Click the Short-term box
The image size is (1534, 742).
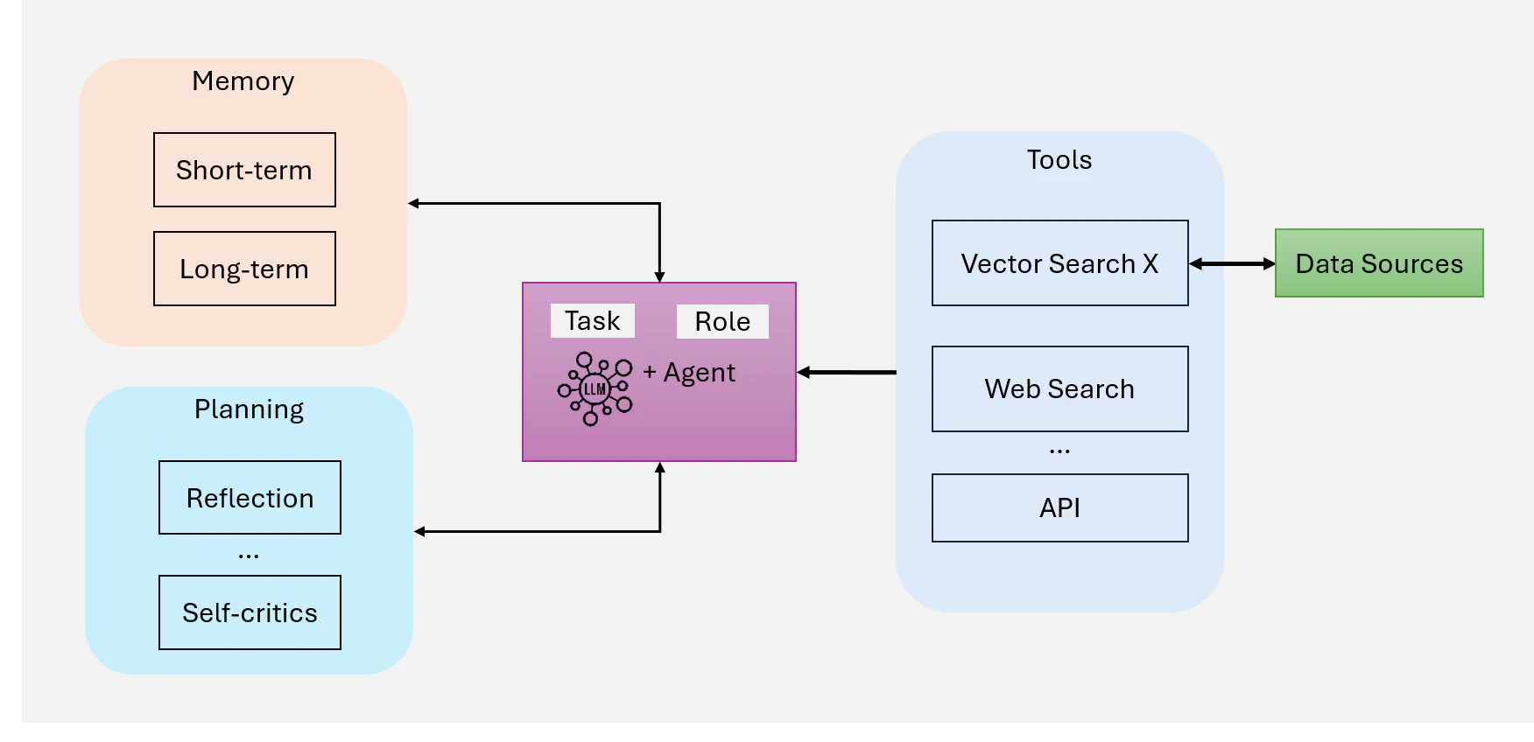pos(244,170)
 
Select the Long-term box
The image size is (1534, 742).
pos(244,269)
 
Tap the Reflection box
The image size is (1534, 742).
pos(250,497)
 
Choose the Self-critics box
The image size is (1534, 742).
pos(250,612)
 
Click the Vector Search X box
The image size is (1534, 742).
pos(1059,262)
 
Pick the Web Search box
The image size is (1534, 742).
pos(1059,388)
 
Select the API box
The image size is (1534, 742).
pos(1059,507)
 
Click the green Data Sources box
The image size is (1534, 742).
pos(1379,263)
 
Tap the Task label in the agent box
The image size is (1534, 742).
pos(593,320)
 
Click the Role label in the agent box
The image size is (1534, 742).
pos(722,321)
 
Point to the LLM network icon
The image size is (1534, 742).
pos(595,388)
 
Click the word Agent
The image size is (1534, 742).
pos(700,373)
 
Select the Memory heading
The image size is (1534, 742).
pos(243,81)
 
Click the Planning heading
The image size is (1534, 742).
pos(250,409)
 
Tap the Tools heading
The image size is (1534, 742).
pos(1059,159)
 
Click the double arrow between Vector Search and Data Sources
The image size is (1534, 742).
pos(1232,263)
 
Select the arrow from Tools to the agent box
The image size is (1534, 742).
pos(847,373)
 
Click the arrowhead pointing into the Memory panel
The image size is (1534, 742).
pos(413,203)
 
